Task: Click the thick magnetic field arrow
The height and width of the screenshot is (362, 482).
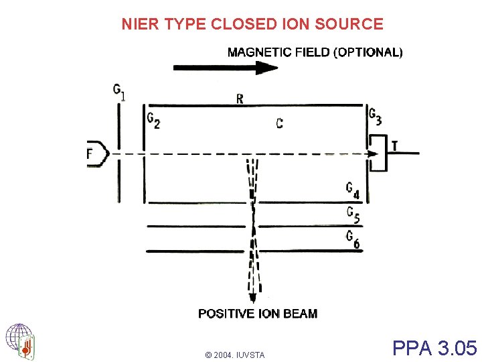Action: click(x=225, y=67)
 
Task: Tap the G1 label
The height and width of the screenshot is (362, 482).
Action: click(x=119, y=92)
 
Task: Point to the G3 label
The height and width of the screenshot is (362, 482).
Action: click(x=376, y=117)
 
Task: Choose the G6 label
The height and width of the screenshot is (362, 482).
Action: click(x=353, y=239)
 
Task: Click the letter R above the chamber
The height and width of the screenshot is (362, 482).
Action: click(x=240, y=99)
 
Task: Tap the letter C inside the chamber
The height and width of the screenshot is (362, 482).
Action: click(x=279, y=123)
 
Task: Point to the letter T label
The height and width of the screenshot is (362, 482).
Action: click(x=395, y=145)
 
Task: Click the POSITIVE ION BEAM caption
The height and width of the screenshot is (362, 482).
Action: click(x=258, y=314)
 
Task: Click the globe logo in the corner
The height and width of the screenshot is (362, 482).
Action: click(x=19, y=341)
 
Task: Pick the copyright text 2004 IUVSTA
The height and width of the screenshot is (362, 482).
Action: click(x=235, y=355)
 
